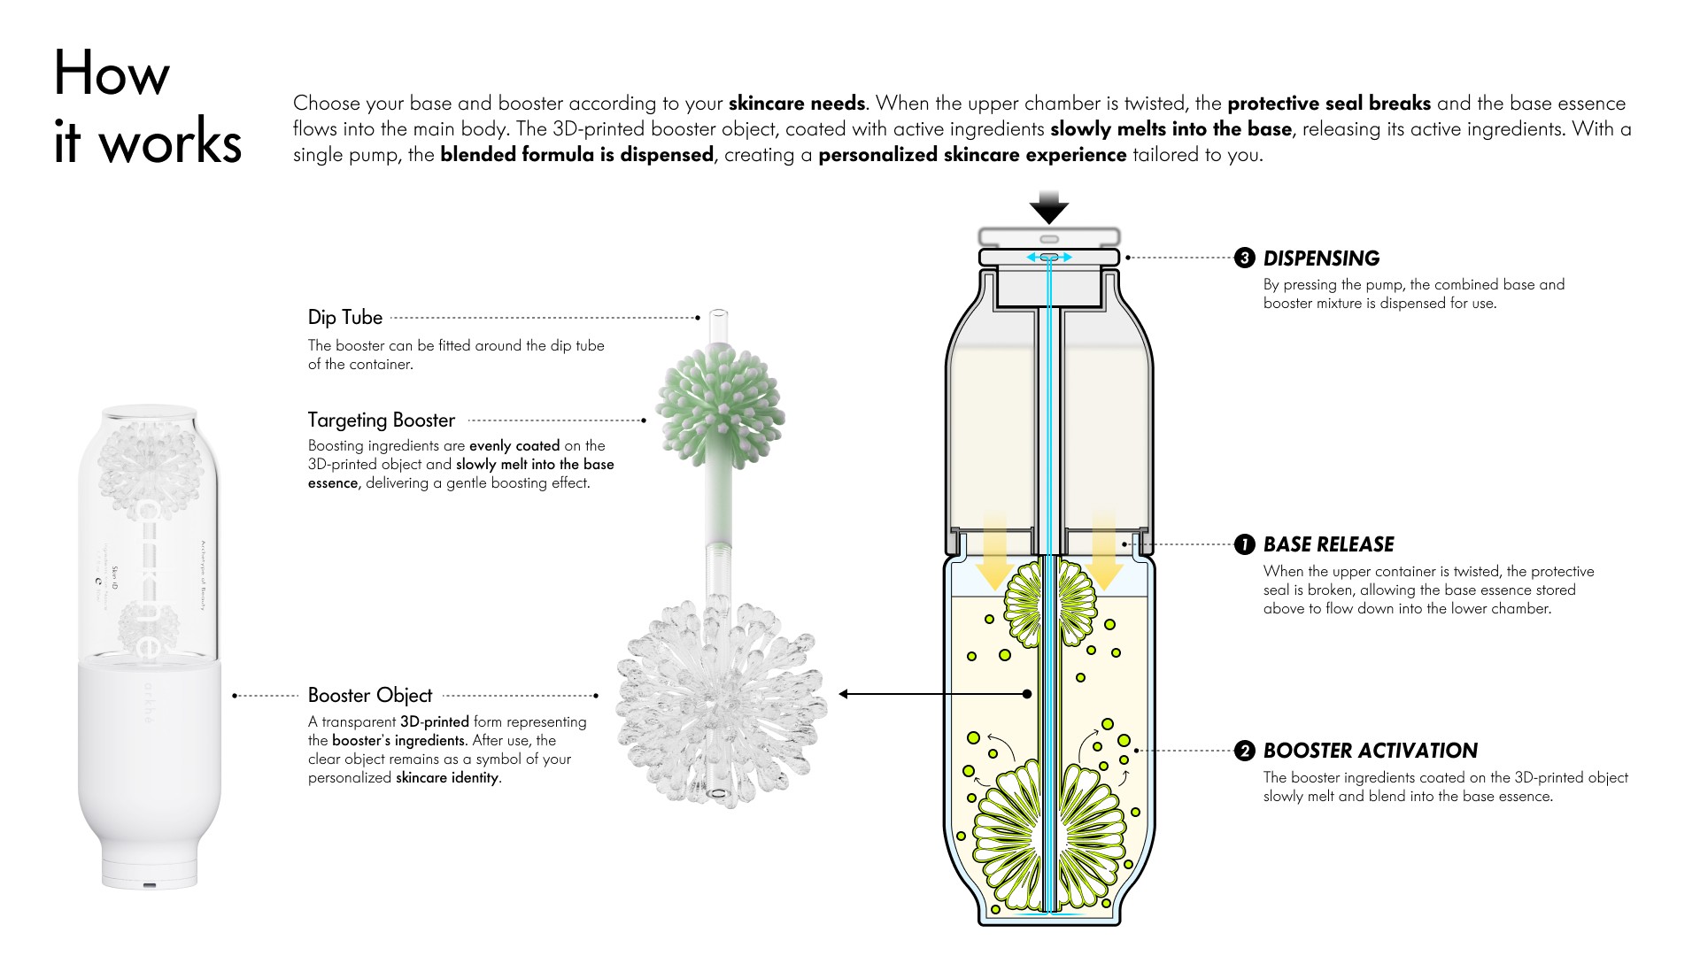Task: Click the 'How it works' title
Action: click(x=147, y=108)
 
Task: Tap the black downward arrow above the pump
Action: click(x=1049, y=207)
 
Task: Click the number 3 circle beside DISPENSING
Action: click(x=1244, y=258)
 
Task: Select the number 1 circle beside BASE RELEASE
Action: click(x=1244, y=544)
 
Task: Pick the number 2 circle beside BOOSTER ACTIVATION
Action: click(x=1244, y=751)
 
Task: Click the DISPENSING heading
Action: click(x=1321, y=258)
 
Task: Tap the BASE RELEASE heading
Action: click(x=1328, y=544)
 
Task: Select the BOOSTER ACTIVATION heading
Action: click(x=1370, y=751)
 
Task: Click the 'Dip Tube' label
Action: click(x=345, y=317)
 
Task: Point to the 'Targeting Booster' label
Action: click(x=381, y=420)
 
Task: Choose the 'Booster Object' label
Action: click(x=370, y=695)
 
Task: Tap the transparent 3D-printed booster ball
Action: click(x=719, y=699)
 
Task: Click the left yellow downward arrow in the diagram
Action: click(x=994, y=549)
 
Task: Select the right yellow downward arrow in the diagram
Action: click(x=1104, y=549)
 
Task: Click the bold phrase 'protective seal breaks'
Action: click(x=1328, y=103)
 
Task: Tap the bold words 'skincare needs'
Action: click(x=796, y=103)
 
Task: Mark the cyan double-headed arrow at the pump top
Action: click(x=1049, y=257)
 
